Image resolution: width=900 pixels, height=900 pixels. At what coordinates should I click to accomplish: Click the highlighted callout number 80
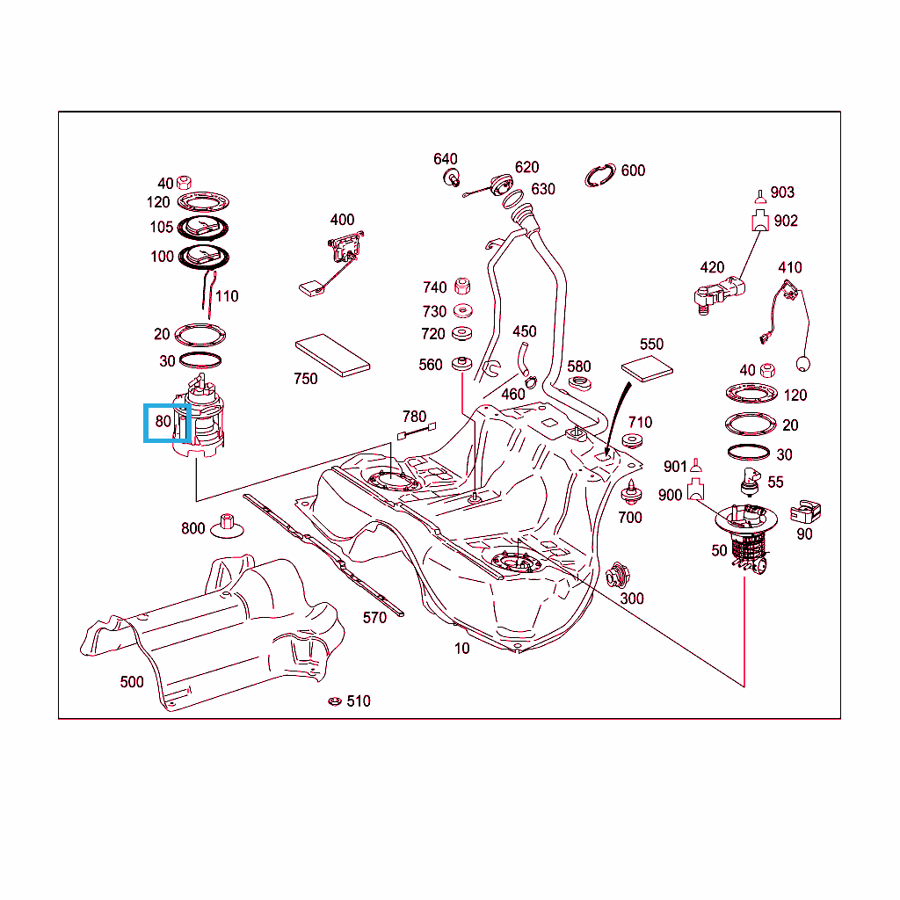(x=163, y=422)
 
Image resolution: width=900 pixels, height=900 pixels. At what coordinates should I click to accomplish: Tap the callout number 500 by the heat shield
(x=132, y=682)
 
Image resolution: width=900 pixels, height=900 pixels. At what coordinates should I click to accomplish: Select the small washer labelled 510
(x=334, y=701)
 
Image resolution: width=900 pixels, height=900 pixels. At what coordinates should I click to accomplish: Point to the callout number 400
(x=342, y=220)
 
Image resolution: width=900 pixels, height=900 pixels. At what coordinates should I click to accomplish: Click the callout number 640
(x=446, y=159)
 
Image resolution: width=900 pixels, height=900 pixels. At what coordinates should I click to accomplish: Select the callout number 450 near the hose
(x=525, y=331)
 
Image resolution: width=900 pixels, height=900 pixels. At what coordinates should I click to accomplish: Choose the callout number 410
(x=790, y=267)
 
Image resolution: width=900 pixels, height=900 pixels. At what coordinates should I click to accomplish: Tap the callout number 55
(x=775, y=482)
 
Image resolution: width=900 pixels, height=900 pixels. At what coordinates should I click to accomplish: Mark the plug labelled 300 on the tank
(x=616, y=577)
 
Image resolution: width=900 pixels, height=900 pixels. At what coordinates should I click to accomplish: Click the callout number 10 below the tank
(x=462, y=649)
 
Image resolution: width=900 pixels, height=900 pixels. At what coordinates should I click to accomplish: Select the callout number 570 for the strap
(x=374, y=618)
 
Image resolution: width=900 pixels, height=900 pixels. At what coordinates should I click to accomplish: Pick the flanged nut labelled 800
(x=229, y=525)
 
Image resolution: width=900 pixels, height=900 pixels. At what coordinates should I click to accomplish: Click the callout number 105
(x=162, y=228)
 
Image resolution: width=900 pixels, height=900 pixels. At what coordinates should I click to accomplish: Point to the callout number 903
(x=782, y=192)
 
